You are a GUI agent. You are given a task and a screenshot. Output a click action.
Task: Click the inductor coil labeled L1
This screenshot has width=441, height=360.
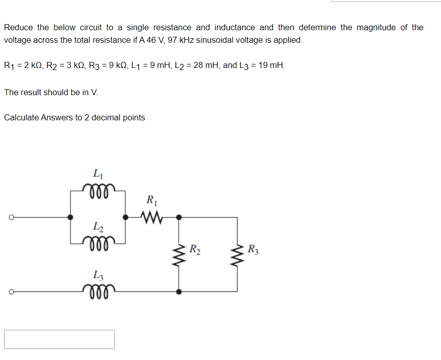98,188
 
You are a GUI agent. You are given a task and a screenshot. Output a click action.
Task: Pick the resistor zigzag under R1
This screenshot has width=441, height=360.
151,218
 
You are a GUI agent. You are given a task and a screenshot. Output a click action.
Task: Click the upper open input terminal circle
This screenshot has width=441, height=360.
9,218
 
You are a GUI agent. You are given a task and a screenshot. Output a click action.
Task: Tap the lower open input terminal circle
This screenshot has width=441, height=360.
9,292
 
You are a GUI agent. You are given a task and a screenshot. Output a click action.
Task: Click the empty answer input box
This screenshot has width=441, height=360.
59,339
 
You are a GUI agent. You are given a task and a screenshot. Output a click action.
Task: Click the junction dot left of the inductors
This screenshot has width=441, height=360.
70,218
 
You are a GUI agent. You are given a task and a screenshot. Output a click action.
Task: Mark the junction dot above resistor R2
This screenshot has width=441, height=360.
180,218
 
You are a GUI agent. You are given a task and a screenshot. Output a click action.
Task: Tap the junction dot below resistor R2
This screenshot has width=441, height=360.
180,292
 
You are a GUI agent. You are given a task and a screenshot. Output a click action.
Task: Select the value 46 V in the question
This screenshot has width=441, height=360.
152,40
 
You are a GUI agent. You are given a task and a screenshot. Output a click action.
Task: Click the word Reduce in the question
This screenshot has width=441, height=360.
19,27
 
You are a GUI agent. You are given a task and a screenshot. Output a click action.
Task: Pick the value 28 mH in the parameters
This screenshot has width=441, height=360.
205,65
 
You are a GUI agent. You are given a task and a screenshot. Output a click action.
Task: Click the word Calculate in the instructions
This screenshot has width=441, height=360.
21,117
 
